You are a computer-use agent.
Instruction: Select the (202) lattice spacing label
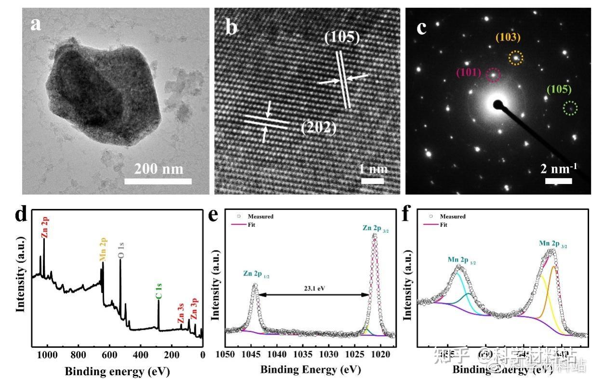click(318, 128)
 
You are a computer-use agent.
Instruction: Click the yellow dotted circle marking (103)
click(516, 58)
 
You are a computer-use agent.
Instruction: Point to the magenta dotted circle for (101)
click(493, 75)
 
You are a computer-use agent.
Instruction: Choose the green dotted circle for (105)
click(570, 108)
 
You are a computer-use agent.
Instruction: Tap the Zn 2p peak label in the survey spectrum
click(45, 228)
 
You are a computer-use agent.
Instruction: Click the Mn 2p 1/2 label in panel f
click(462, 260)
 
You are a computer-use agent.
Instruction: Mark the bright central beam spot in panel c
click(497, 104)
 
